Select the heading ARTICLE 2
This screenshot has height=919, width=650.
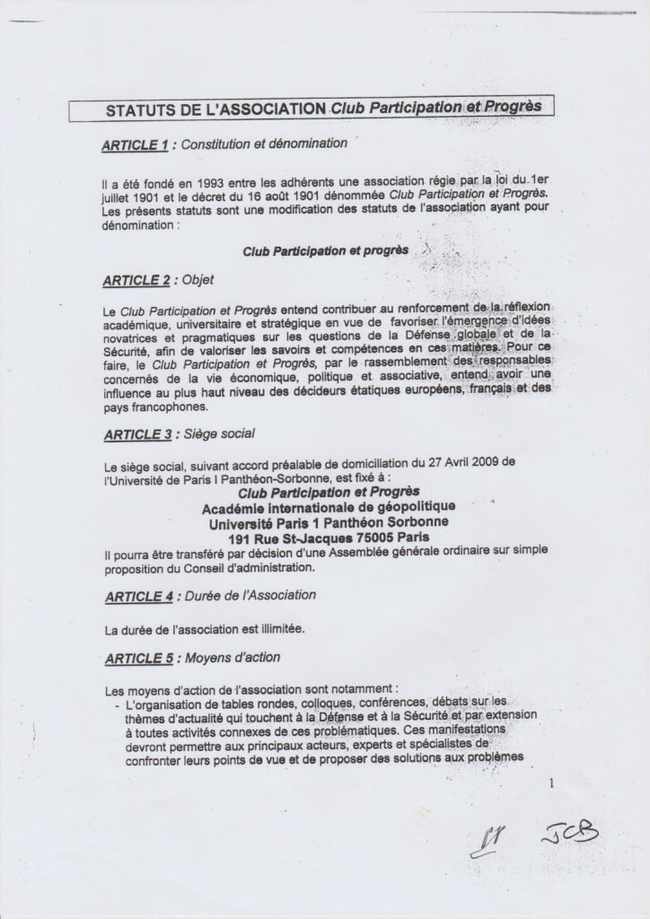click(136, 281)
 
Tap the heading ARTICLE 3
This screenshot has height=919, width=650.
click(137, 435)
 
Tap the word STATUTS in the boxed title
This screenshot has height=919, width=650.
click(143, 111)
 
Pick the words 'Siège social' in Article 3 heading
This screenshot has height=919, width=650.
click(218, 435)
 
